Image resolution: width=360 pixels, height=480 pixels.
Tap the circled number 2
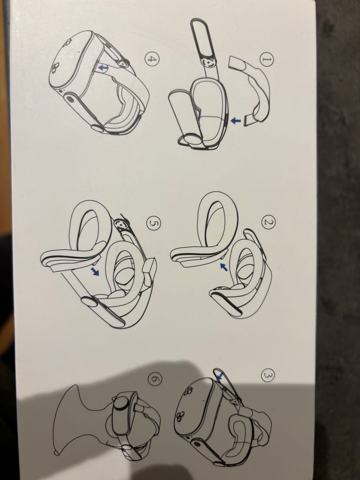click(x=268, y=222)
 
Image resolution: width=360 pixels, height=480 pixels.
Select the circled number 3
click(x=268, y=375)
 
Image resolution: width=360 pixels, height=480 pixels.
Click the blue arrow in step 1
click(x=236, y=120)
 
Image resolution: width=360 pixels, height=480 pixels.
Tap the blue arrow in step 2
click(x=224, y=267)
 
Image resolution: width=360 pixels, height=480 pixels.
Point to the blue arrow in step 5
click(x=96, y=272)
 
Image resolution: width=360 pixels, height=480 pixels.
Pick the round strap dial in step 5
click(x=120, y=224)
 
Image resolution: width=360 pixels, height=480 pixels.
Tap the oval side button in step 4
click(x=71, y=99)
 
